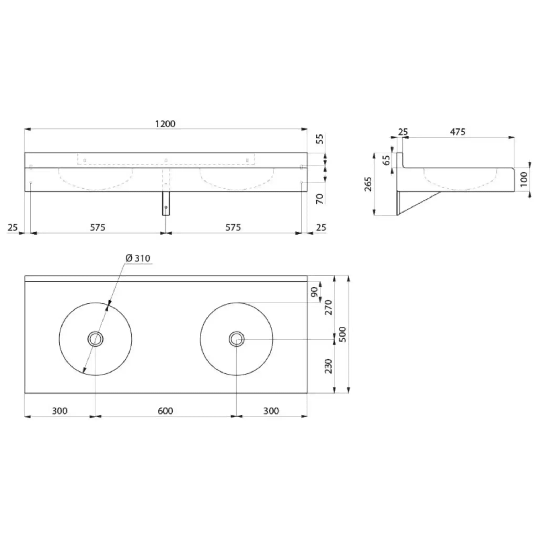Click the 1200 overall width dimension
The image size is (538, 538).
point(165,124)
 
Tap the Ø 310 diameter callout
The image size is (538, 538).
point(138,258)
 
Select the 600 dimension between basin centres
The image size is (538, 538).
point(165,411)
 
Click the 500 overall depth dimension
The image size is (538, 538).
point(343,334)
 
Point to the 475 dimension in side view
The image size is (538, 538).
point(458,132)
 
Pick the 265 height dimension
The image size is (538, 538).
point(368,184)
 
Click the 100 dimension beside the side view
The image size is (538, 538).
point(524,179)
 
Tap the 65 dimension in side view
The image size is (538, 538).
point(387,160)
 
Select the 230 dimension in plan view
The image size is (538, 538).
point(329,366)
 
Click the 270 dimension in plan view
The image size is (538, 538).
point(329,307)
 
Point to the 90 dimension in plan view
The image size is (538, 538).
point(314,292)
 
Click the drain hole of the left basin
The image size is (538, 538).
point(96,339)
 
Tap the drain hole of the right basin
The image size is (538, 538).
point(236,339)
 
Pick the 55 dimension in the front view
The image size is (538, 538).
point(321,139)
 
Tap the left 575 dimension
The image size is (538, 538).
point(98,227)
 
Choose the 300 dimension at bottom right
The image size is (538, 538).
point(271,411)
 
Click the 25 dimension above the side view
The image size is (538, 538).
point(403,132)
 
